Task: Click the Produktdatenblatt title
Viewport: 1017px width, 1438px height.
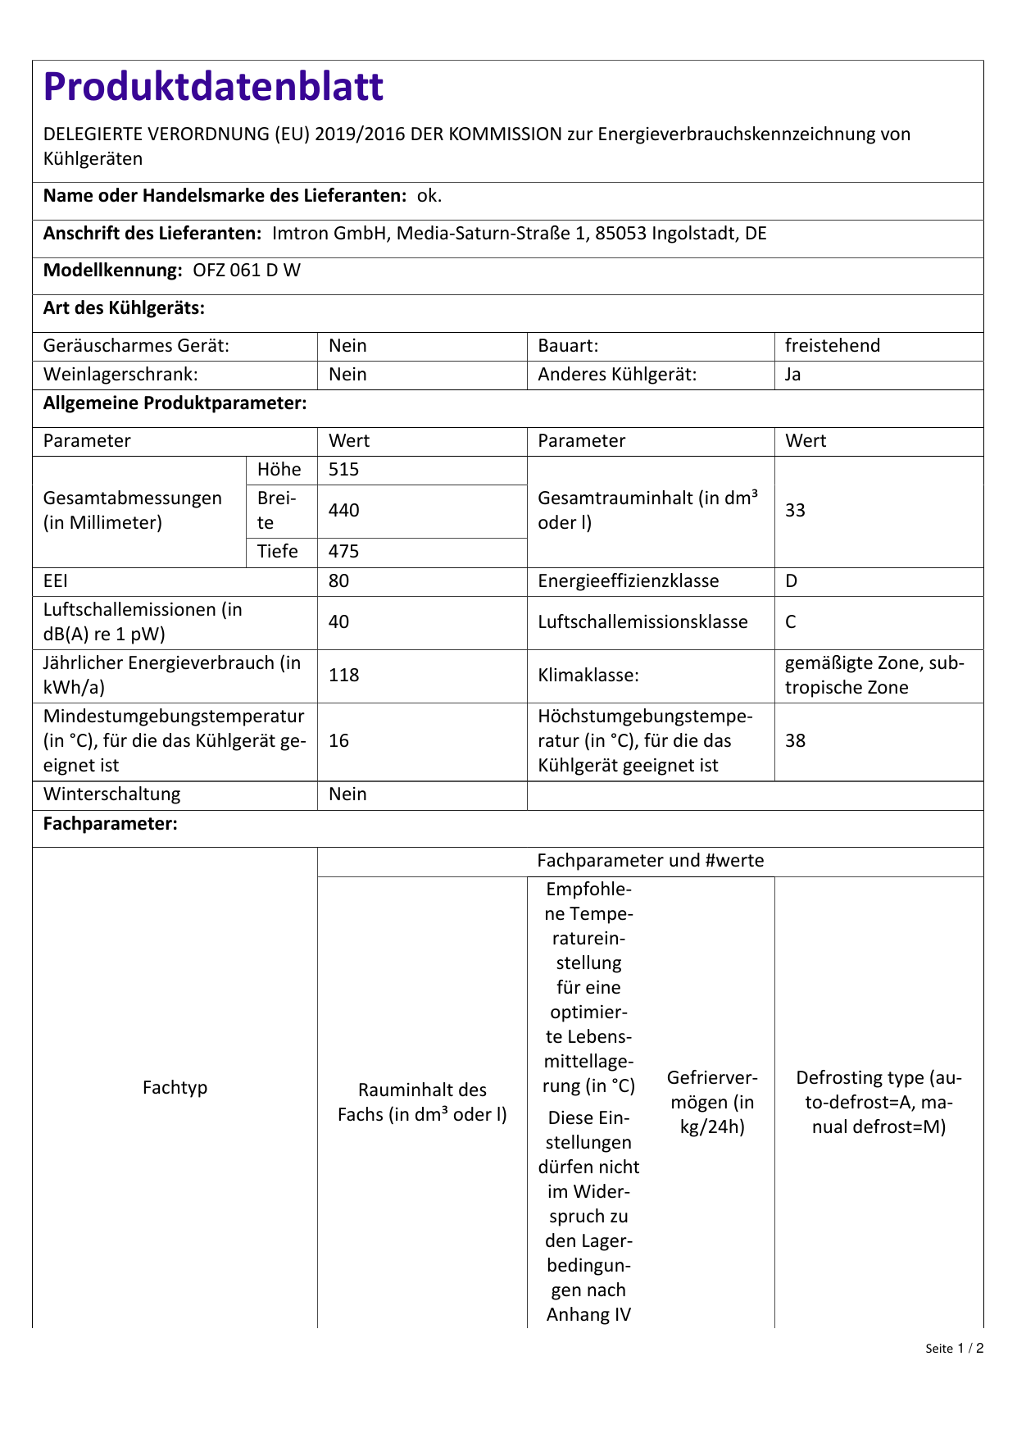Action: pos(213,87)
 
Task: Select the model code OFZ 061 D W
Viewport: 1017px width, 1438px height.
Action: pos(247,271)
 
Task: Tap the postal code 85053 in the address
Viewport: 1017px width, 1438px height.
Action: pos(620,234)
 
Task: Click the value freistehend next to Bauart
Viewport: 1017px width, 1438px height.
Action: pos(832,346)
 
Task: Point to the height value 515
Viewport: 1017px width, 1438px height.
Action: pos(344,470)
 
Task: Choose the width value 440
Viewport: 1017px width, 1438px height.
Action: pos(344,511)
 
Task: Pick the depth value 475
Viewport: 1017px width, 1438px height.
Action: pos(344,552)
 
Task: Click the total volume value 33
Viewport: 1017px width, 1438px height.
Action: pos(795,511)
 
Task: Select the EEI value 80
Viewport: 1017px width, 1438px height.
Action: pos(338,581)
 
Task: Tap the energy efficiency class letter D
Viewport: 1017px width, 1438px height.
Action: pos(791,581)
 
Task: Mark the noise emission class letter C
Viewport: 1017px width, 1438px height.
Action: pos(791,622)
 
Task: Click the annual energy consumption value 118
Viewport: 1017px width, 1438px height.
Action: pos(344,676)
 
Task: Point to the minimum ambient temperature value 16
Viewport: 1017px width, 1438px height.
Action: pos(338,741)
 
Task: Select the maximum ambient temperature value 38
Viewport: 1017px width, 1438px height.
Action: pos(795,741)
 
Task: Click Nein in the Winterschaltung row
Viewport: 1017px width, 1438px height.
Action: pos(347,794)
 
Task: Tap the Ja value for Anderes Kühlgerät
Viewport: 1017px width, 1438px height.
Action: pos(792,375)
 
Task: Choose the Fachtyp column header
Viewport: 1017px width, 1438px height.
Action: pos(175,1088)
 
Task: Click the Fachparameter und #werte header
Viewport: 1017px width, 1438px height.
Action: pos(650,861)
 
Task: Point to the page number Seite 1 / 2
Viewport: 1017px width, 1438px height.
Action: pos(954,1349)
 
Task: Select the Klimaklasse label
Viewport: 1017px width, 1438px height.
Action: pos(588,676)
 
